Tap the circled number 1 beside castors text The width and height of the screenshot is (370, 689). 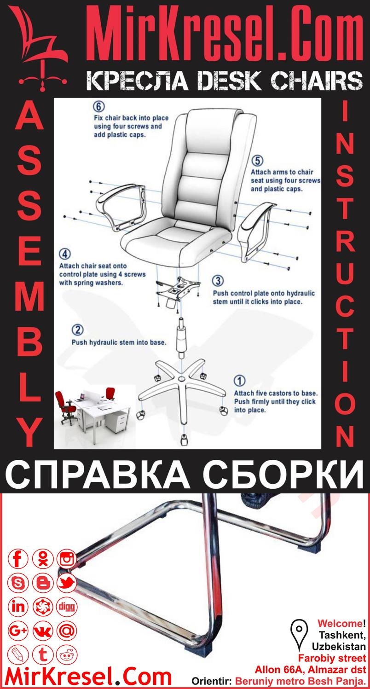pos(239,381)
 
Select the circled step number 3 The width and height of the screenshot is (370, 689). pos(218,280)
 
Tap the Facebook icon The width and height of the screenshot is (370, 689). pos(18,559)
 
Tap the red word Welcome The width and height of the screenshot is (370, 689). pos(340,624)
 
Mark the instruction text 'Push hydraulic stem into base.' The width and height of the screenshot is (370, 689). pos(119,342)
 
